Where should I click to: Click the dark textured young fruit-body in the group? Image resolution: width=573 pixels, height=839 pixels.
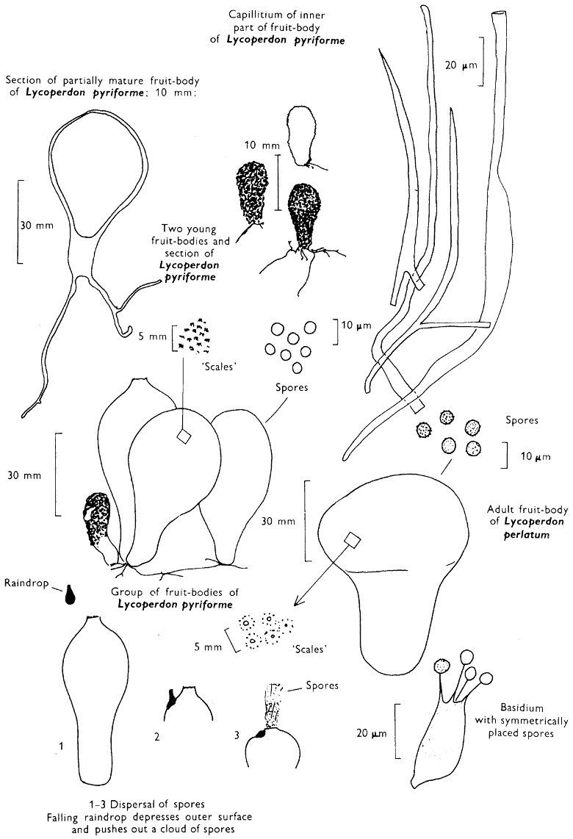(95, 519)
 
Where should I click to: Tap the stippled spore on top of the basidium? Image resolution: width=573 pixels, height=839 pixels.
(443, 666)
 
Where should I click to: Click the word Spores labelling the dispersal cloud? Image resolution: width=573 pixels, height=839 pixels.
(323, 686)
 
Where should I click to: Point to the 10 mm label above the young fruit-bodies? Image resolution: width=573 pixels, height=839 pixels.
(258, 145)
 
